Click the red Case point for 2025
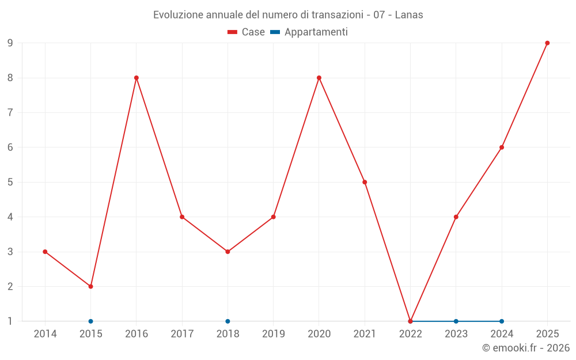click(x=547, y=43)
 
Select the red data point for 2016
click(x=137, y=78)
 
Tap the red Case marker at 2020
click(x=319, y=78)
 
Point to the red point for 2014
click(x=45, y=252)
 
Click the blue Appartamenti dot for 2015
click(x=91, y=321)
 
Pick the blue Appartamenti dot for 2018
click(x=228, y=321)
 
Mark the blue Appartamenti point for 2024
click(x=502, y=321)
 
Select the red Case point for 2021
click(x=365, y=182)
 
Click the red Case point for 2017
click(x=182, y=217)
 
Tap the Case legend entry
click(x=246, y=32)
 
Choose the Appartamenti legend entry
click(x=309, y=32)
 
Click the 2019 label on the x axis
click(x=273, y=334)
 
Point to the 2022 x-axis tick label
click(x=410, y=334)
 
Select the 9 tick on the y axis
click(x=10, y=43)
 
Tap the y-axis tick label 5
click(x=10, y=182)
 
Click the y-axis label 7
click(x=10, y=112)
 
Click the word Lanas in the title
click(x=409, y=15)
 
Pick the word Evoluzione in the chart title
click(x=179, y=15)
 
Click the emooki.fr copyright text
click(x=526, y=347)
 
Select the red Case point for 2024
click(x=502, y=147)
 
